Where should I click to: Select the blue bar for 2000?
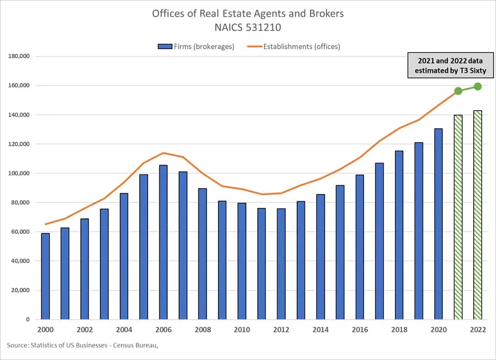[46, 276]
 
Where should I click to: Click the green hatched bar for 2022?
[477, 215]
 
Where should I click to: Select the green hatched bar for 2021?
[458, 217]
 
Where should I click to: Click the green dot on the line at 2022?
[477, 86]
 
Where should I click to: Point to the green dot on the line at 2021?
[458, 91]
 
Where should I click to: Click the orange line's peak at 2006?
[163, 153]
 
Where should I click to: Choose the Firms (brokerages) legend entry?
[196, 47]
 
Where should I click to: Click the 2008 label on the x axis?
[202, 329]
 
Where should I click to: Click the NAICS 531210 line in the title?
[247, 27]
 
